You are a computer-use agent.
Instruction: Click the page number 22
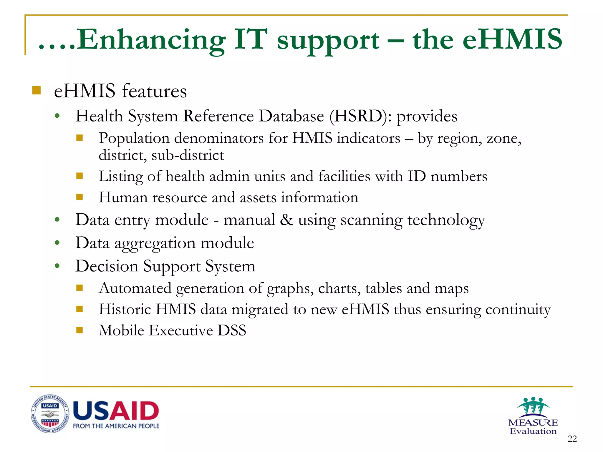click(572, 439)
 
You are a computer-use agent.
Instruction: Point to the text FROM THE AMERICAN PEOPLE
click(116, 426)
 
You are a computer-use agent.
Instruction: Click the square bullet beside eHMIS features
click(37, 90)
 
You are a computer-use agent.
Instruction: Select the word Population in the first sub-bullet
click(134, 138)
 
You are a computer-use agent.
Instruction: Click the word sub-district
click(188, 155)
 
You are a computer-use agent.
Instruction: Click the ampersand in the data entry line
click(286, 220)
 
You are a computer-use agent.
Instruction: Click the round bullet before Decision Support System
click(57, 266)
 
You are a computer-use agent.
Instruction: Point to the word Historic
click(125, 309)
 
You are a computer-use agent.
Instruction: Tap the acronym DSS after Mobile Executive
click(232, 330)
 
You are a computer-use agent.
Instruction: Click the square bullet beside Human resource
click(79, 197)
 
